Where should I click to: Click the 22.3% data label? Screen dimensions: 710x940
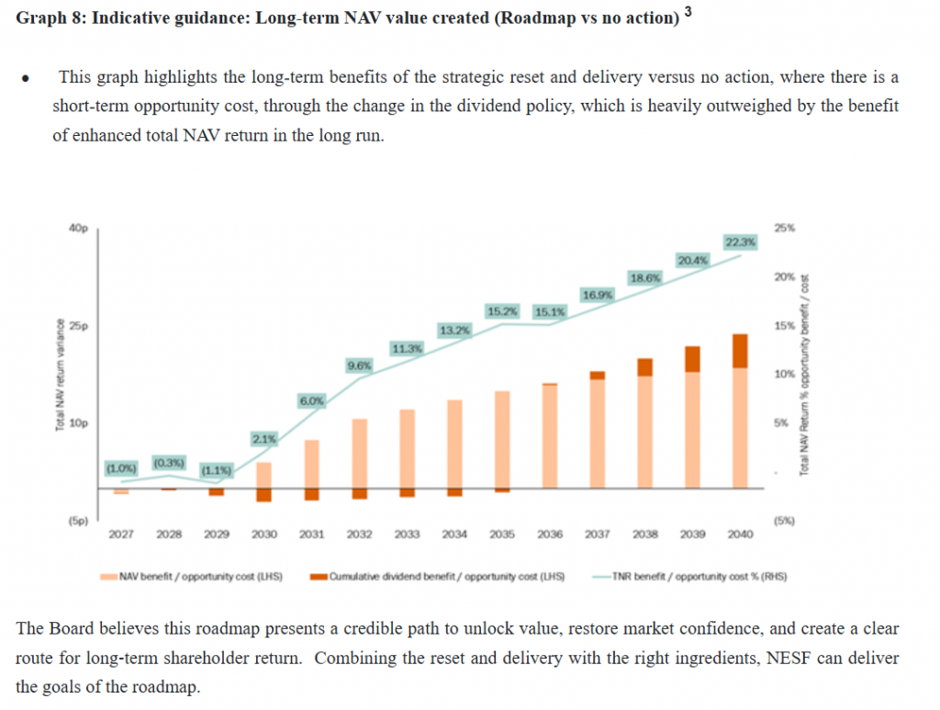point(740,242)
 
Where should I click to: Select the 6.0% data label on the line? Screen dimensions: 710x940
point(311,400)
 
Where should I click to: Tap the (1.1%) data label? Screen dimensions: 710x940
point(217,471)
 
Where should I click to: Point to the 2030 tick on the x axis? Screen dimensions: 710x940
point(264,533)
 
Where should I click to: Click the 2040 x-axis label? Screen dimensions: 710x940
point(740,533)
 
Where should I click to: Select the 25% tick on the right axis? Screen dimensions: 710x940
point(786,229)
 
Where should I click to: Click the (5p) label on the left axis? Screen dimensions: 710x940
point(76,521)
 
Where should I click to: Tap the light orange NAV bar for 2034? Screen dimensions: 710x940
point(453,443)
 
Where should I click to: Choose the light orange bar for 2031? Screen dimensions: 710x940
point(311,463)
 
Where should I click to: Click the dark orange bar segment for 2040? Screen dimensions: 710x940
point(740,351)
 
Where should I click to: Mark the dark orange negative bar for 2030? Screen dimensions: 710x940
point(264,495)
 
